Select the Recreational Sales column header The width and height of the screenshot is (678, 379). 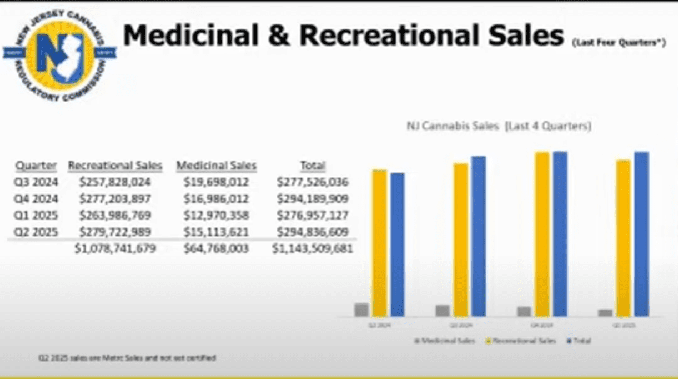(x=115, y=166)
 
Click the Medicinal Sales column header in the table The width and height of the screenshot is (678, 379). (x=217, y=166)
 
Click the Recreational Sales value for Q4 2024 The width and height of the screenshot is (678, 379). (x=115, y=198)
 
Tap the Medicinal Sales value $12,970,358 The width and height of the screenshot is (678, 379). (x=217, y=215)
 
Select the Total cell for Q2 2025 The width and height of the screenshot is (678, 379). (x=312, y=232)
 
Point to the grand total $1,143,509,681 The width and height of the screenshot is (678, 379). (x=312, y=249)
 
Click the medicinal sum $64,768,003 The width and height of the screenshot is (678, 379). (x=217, y=249)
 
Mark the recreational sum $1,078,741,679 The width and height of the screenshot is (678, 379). (x=115, y=249)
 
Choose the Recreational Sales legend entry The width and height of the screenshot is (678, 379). (x=522, y=341)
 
